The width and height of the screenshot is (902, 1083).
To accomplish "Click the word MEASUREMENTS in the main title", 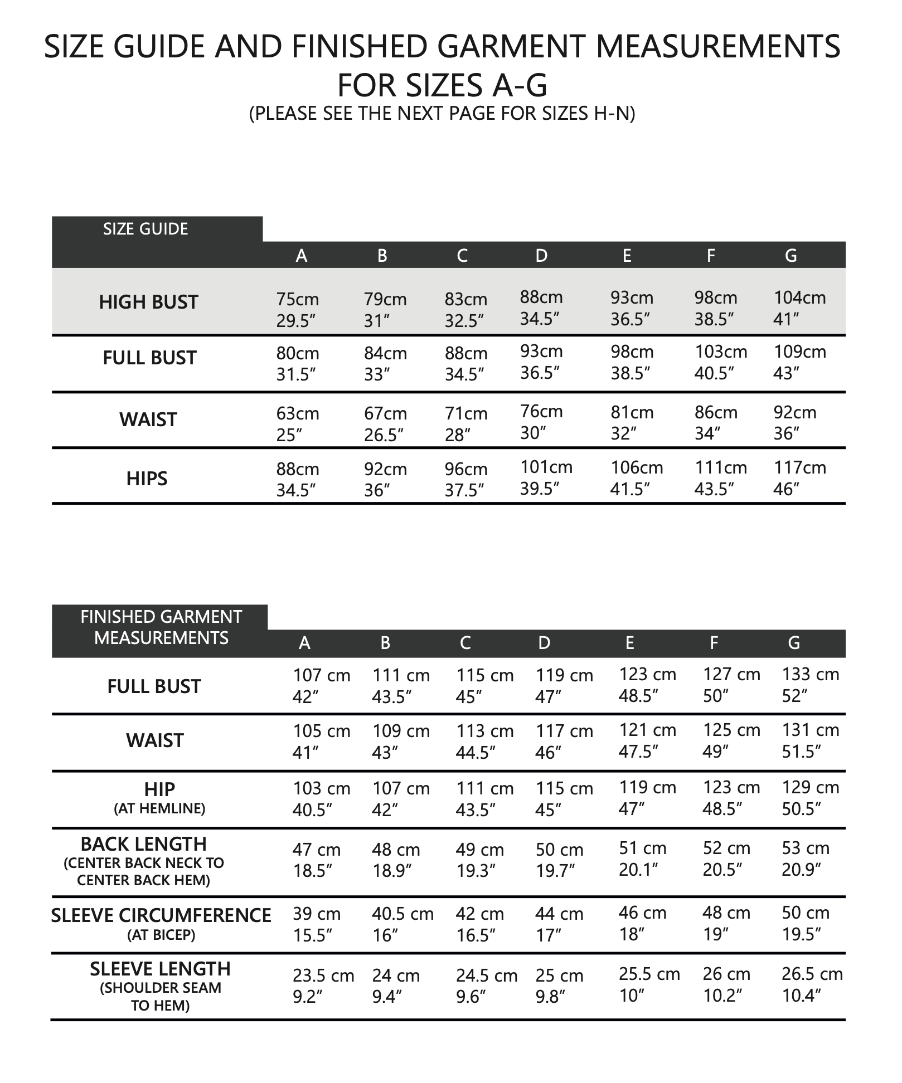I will coord(718,46).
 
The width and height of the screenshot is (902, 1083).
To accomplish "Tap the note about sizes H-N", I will coord(442,113).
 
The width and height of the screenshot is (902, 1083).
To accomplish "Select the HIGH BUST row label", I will coord(148,303).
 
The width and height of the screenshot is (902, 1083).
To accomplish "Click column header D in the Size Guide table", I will coord(541,256).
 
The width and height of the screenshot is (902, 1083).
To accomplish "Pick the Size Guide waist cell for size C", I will coord(465,424).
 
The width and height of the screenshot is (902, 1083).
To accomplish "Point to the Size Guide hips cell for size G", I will coord(799,478).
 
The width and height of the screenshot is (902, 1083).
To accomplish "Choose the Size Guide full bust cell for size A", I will coord(298,364).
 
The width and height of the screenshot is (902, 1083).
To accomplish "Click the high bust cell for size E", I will coord(632,308).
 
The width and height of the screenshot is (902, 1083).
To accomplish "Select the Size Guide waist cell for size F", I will coord(716,422).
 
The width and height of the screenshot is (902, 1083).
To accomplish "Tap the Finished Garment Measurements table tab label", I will coord(161,627).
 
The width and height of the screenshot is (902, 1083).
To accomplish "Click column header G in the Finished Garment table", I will coord(794,643).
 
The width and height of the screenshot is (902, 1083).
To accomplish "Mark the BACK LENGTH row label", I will coord(144,845).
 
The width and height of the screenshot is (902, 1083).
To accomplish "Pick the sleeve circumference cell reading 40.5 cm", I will coord(402,925).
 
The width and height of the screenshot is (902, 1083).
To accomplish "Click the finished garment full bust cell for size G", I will coord(810,685).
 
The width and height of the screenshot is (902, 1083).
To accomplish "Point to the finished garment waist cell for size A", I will coord(322,741).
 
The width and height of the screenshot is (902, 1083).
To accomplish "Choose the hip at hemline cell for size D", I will coord(564,799).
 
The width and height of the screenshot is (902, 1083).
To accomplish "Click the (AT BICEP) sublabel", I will coord(161,935).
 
